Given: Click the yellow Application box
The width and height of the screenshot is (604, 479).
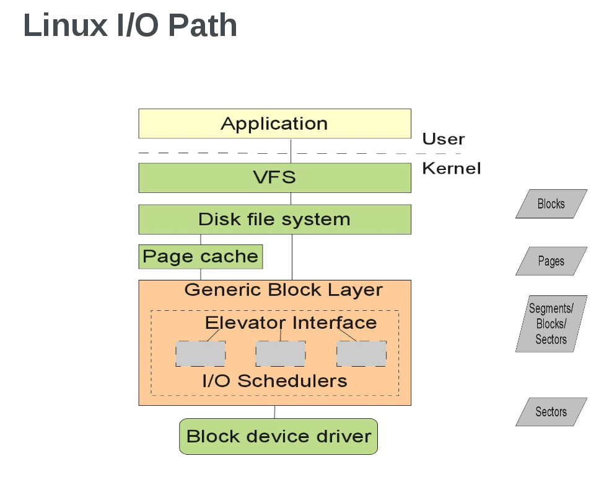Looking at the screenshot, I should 274,123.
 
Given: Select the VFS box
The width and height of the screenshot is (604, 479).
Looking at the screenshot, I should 274,177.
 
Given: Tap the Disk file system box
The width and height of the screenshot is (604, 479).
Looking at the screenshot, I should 274,219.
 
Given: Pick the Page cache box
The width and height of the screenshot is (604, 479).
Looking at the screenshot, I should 200,256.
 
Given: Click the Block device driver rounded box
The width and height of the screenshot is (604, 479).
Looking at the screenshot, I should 278,436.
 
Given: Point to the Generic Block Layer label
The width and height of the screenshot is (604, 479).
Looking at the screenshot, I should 284,290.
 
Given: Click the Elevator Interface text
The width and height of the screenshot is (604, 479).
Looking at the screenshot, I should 291,323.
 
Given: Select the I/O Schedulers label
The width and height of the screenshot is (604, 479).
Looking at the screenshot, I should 275,380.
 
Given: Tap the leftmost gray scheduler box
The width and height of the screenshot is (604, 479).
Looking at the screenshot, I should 200,353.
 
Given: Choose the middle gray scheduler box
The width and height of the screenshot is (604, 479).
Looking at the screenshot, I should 280,353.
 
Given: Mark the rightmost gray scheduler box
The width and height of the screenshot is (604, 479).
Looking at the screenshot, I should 361,353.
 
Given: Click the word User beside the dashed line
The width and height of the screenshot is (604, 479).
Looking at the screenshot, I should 443,139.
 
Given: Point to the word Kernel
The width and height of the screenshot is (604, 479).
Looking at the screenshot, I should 451,168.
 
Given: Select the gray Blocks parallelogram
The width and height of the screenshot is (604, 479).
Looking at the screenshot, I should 551,204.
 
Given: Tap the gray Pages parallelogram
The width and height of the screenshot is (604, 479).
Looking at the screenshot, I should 551,261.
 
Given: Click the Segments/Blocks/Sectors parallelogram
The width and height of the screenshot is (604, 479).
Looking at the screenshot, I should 551,324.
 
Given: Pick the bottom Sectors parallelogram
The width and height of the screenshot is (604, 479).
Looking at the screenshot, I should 551,412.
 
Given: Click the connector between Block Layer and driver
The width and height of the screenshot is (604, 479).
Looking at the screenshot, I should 274,412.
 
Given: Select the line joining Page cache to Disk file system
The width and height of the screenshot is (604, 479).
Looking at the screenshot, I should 200,239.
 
